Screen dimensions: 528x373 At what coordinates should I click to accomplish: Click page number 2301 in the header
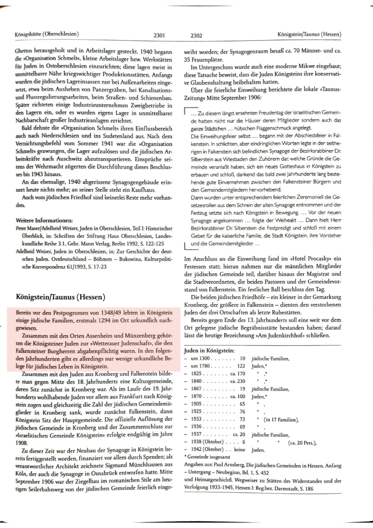click(159, 36)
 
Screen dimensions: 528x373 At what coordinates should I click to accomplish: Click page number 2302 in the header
click(196, 36)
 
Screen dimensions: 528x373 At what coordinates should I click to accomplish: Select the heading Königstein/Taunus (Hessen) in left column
click(60, 297)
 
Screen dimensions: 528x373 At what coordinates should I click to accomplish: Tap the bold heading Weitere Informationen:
click(44, 220)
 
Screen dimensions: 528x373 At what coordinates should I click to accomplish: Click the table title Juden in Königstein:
click(209, 351)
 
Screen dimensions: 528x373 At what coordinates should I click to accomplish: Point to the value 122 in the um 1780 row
click(241, 366)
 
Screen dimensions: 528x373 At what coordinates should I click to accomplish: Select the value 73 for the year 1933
click(242, 419)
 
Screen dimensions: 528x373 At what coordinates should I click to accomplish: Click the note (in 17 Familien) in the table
click(281, 420)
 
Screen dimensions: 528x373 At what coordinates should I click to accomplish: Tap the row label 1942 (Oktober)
click(207, 449)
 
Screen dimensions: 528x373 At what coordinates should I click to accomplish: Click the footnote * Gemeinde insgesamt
click(207, 457)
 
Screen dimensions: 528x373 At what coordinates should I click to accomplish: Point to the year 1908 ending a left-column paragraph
click(22, 443)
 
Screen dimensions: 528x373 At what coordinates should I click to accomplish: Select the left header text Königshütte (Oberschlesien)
click(47, 34)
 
